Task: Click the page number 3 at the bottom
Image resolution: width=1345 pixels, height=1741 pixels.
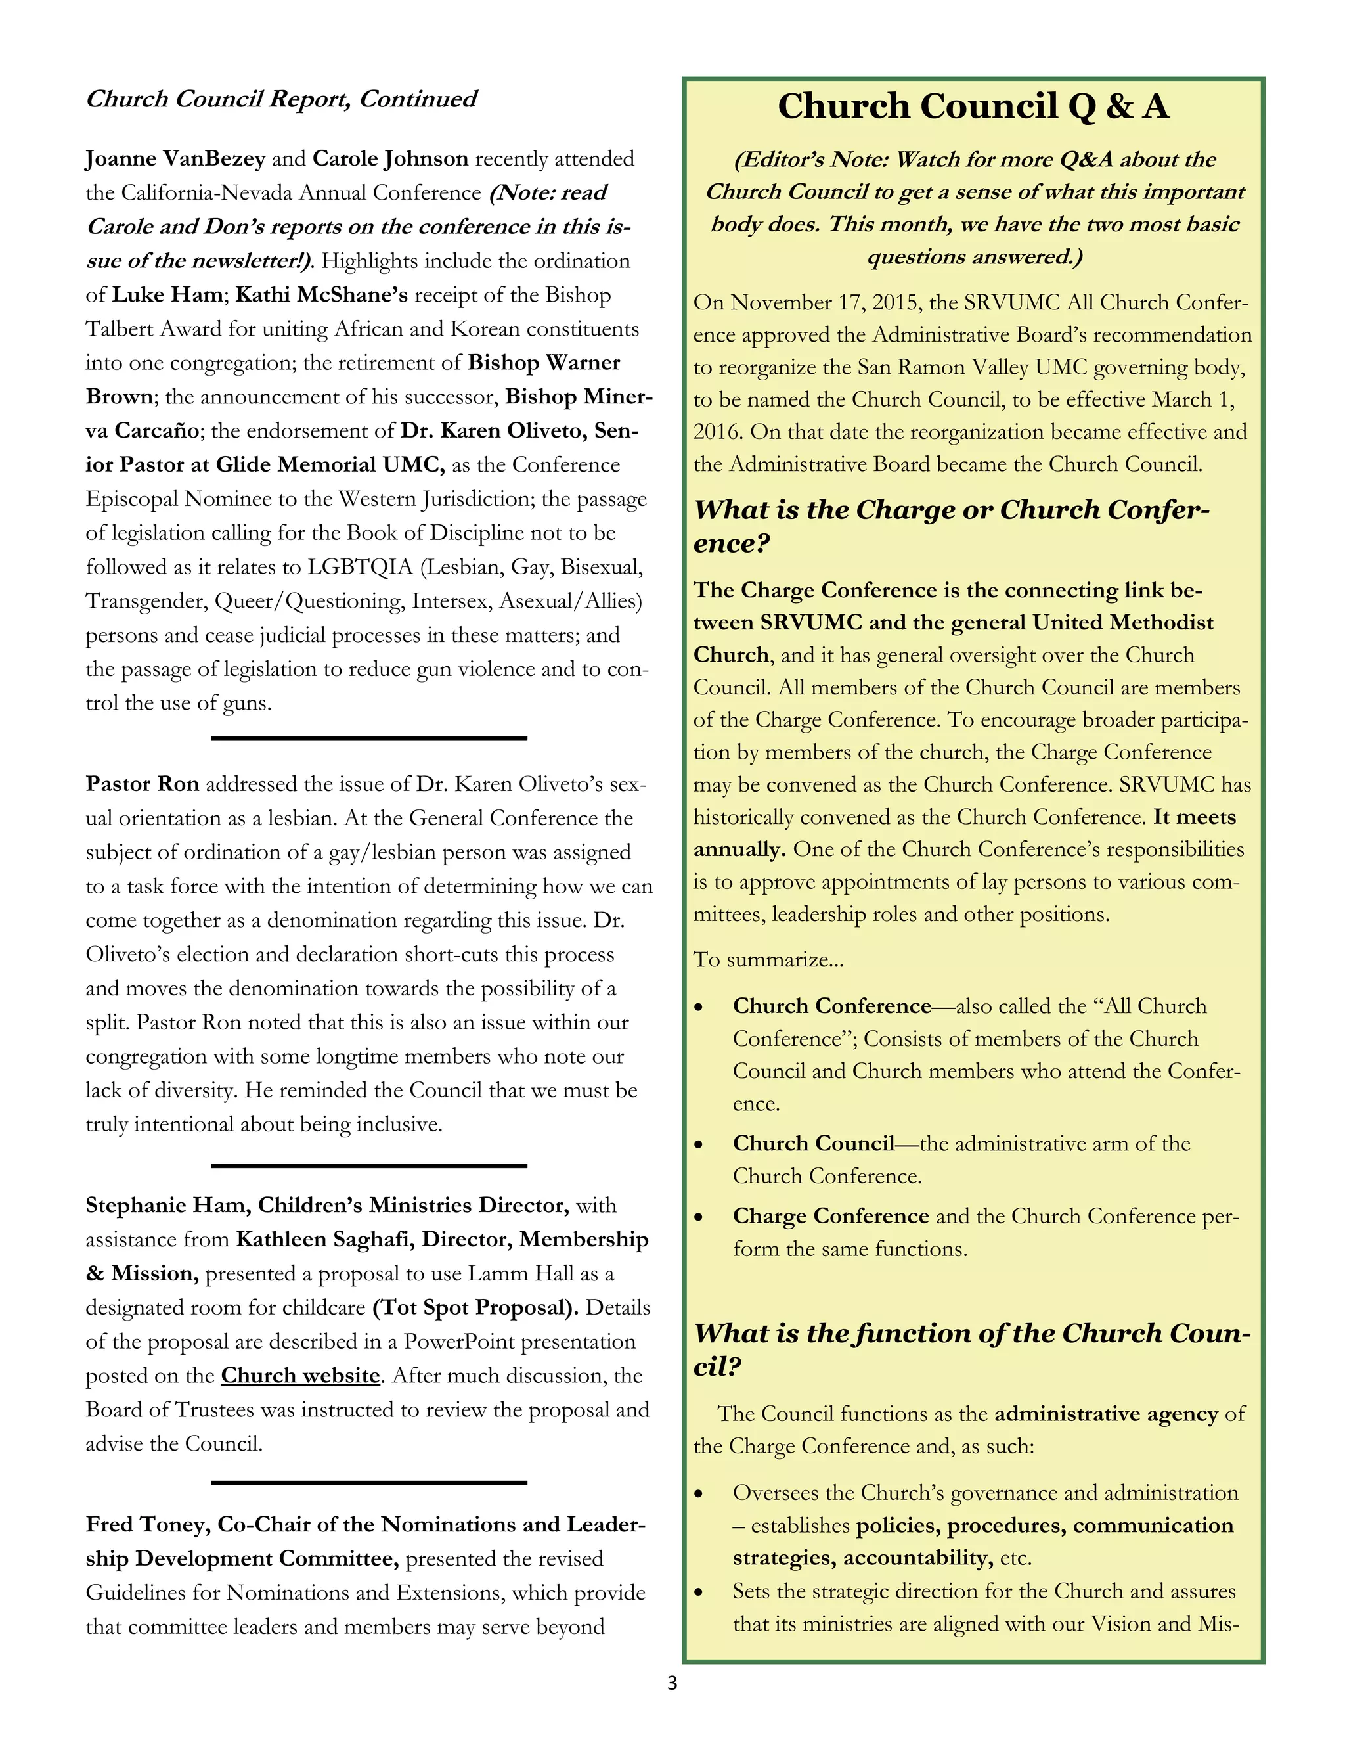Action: (672, 1683)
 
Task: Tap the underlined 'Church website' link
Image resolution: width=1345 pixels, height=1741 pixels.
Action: (299, 1376)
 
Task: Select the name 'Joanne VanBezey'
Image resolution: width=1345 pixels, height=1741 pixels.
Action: (175, 158)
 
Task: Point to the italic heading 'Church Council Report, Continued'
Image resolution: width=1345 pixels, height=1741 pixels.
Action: (280, 99)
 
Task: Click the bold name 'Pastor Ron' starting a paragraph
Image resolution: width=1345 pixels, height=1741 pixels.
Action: (142, 784)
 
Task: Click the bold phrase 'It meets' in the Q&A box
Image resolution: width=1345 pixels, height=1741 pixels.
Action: (1193, 817)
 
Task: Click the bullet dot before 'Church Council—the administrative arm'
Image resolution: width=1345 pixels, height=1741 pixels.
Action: (698, 1144)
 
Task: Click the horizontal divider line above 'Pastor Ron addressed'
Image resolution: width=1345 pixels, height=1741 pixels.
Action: (368, 739)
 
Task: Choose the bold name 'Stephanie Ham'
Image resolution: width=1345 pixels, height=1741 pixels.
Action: (165, 1206)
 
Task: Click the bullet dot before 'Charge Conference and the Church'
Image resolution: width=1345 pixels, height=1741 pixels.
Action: (698, 1217)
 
